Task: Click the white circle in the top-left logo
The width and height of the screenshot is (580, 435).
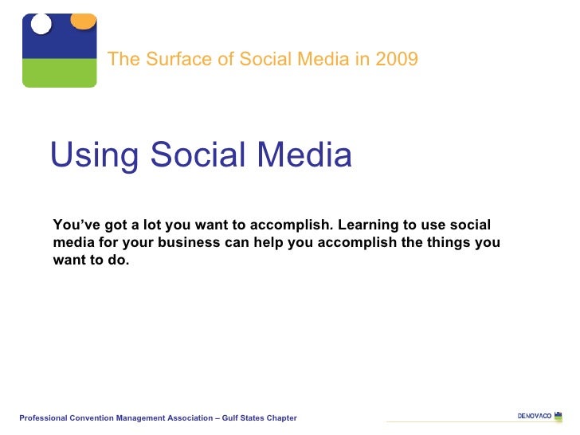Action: tap(41, 23)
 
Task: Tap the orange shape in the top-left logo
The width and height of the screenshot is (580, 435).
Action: tap(83, 20)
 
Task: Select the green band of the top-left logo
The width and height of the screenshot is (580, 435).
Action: tap(59, 72)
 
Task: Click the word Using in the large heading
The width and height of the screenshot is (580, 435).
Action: tap(95, 155)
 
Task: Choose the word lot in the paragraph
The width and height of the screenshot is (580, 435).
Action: tap(148, 225)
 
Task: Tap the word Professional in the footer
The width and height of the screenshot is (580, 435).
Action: tap(44, 418)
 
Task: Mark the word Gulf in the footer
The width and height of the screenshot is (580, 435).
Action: tap(236, 418)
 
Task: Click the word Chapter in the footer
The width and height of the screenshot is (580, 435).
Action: tap(282, 418)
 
